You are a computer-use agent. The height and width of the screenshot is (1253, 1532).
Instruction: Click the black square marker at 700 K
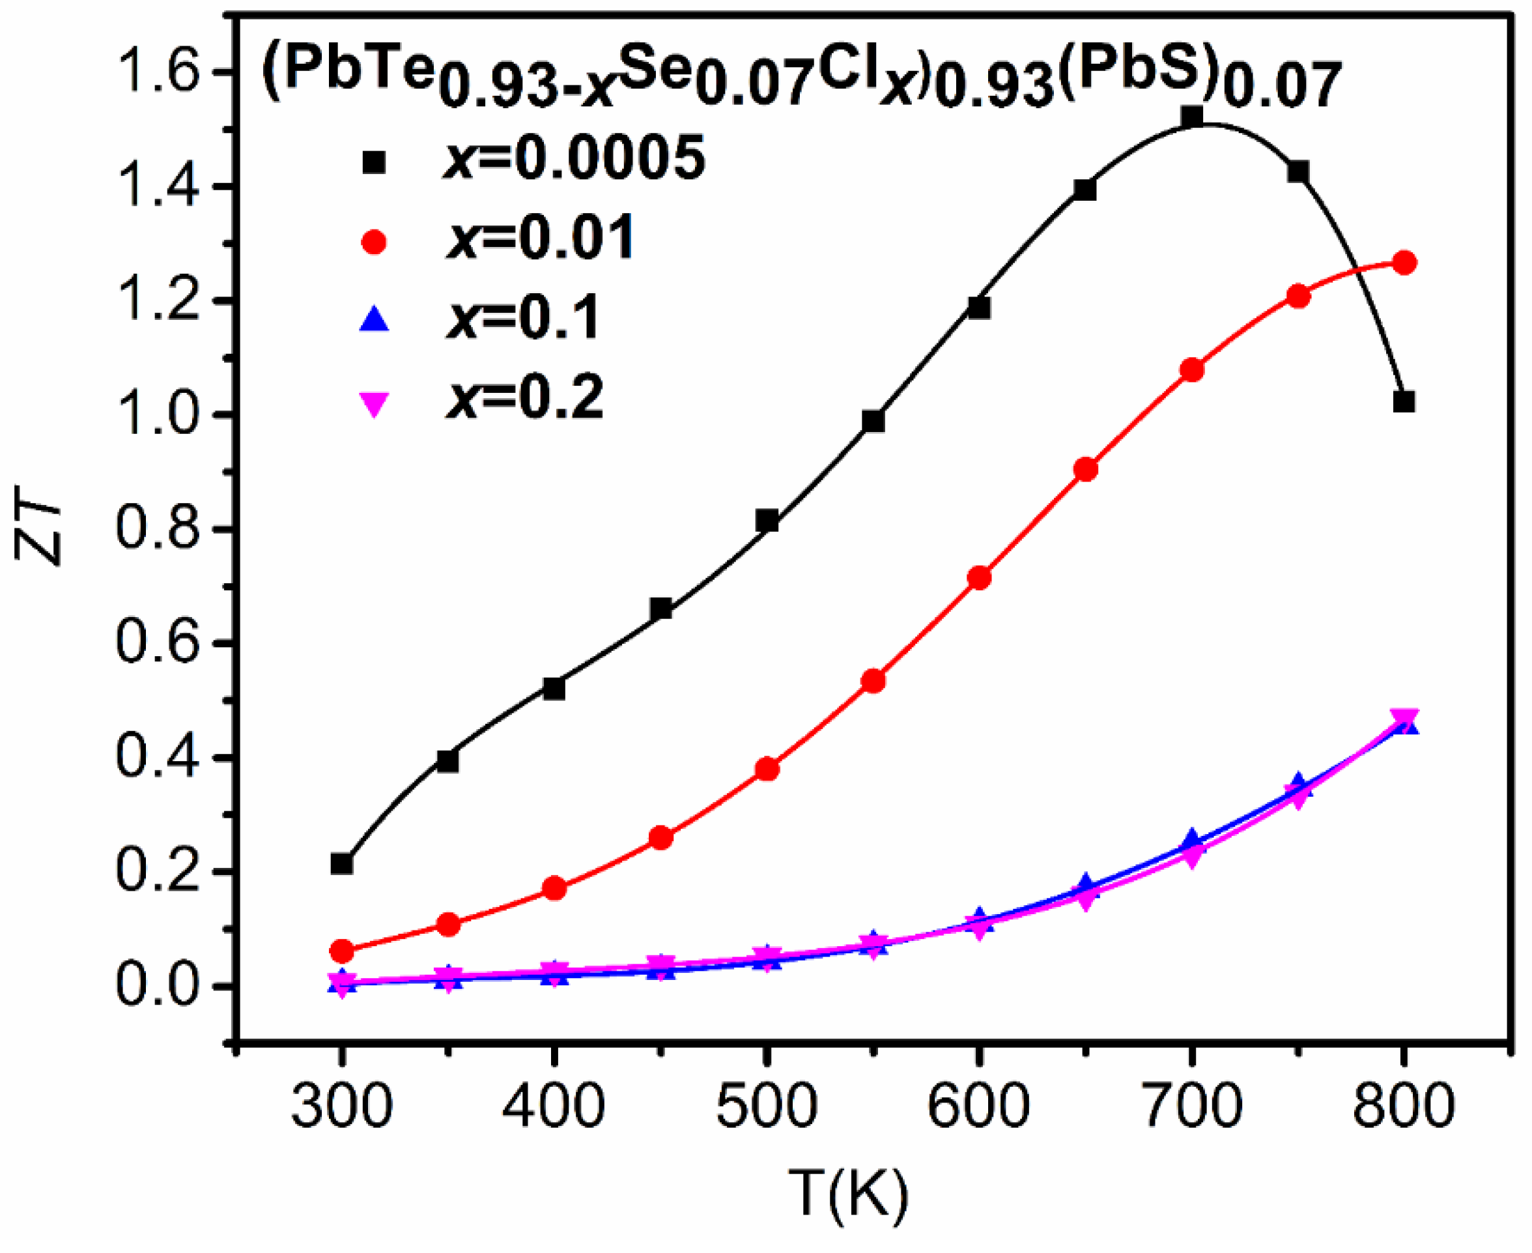click(1191, 116)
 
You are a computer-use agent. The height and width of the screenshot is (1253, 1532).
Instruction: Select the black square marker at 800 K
click(1404, 402)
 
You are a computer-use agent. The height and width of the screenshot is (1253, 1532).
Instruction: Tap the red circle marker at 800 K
click(1404, 263)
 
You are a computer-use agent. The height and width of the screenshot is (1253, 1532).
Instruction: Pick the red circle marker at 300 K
click(341, 951)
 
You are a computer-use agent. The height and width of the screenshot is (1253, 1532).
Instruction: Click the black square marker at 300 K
click(341, 863)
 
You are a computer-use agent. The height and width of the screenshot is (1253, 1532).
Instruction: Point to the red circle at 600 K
click(979, 578)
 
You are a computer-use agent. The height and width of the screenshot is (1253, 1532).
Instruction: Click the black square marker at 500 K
click(767, 521)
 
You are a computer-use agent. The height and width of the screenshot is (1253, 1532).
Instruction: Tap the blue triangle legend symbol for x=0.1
click(374, 319)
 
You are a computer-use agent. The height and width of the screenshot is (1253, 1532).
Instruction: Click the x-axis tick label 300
click(341, 1106)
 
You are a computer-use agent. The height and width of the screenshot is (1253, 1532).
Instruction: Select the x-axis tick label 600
click(978, 1106)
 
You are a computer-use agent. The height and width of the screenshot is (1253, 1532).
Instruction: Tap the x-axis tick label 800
click(1403, 1106)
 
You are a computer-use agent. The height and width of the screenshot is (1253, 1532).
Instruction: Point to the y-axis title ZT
click(38, 530)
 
